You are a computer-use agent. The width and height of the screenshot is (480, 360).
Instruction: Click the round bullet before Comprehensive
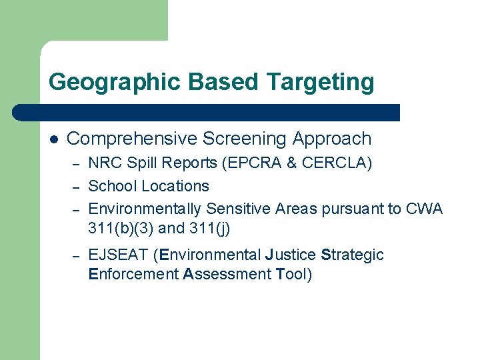(x=53, y=139)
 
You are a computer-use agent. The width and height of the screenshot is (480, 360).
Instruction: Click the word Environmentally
(x=145, y=209)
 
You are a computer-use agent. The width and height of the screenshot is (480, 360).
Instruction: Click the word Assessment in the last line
(x=226, y=274)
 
